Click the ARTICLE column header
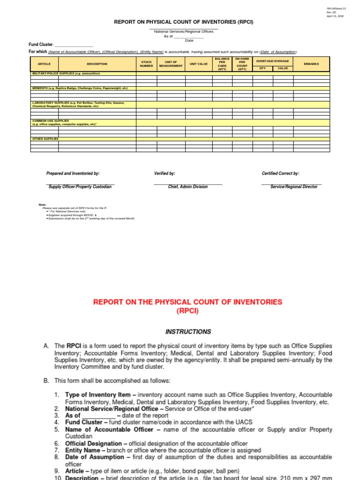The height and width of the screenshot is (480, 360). tap(44, 64)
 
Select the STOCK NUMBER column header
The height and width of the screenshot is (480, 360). tap(146, 64)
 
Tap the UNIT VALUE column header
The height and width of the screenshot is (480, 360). tap(198, 64)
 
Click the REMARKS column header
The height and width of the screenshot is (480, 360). tap(311, 64)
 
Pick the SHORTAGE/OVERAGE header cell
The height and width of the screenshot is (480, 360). tap(272, 61)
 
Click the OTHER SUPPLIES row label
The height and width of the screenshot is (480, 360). tap(45, 139)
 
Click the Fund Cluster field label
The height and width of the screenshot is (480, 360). tap(41, 45)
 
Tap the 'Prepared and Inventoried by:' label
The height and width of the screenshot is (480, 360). tap(73, 173)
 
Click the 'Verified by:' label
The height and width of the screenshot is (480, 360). tap(165, 173)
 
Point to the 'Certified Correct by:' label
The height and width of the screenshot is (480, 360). tap(280, 173)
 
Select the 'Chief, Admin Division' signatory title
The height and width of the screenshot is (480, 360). tap(187, 187)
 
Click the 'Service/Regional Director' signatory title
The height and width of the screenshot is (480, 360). tap(294, 187)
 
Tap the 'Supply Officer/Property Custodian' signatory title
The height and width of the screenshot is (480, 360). tap(80, 187)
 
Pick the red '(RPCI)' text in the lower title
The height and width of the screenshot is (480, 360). tap(187, 311)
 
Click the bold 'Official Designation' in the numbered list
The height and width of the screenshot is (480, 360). tap(94, 443)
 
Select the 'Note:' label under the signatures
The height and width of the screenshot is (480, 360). tap(42, 205)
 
